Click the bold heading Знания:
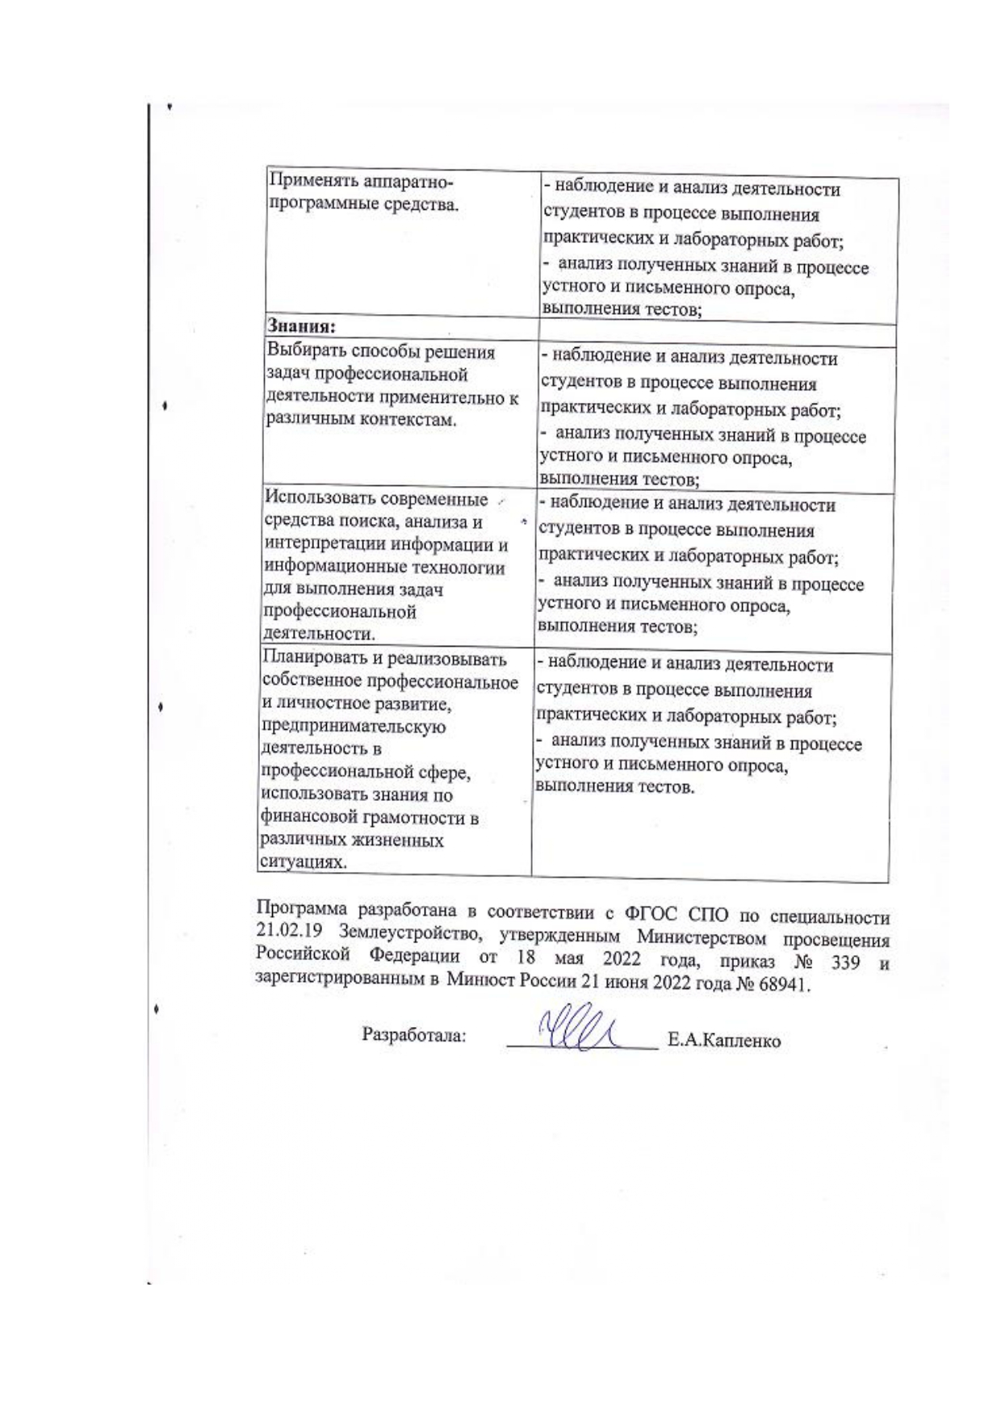(x=301, y=326)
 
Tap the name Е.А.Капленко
(x=723, y=1041)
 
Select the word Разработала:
(x=414, y=1035)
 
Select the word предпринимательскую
(x=354, y=727)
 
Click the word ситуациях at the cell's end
(x=295, y=862)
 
